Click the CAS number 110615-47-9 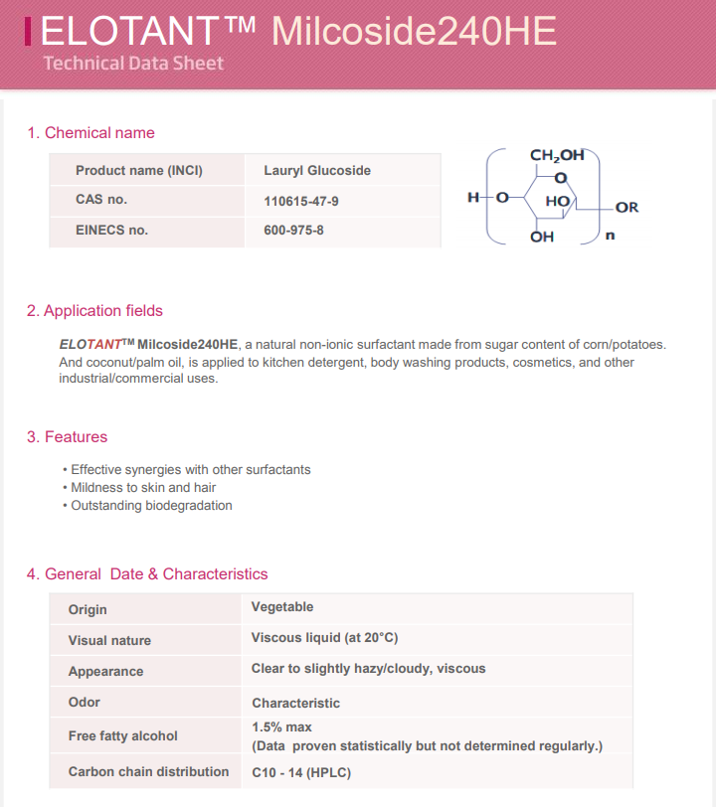[301, 201]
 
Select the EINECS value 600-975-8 [293, 231]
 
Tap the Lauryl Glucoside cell [317, 171]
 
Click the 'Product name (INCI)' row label [139, 171]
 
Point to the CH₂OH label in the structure [557, 156]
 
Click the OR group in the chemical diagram [626, 208]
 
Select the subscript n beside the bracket [610, 236]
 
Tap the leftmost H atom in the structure [472, 197]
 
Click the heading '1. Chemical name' [90, 133]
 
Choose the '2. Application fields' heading [94, 311]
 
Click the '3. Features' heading [67, 437]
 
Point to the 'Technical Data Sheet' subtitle [133, 64]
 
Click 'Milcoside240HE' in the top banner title [414, 31]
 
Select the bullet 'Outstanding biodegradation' [151, 506]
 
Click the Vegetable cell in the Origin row [282, 607]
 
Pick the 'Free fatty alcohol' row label [123, 736]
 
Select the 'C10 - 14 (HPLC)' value [301, 772]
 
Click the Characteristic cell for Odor [295, 704]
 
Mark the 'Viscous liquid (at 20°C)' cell [324, 638]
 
